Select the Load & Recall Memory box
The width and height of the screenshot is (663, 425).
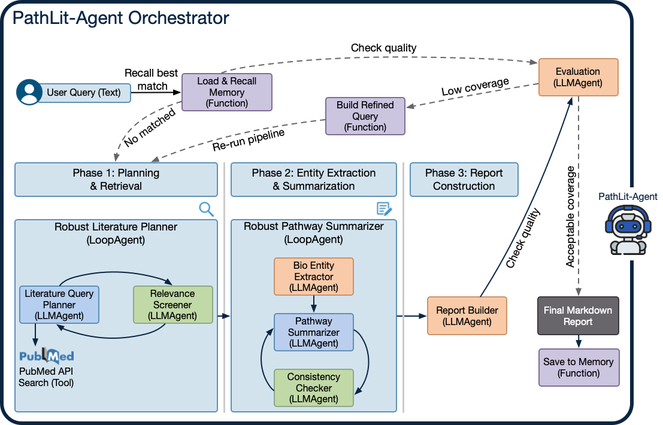pos(227,92)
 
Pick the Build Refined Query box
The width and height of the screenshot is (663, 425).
pos(365,116)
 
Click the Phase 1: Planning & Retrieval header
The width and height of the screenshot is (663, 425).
pos(116,180)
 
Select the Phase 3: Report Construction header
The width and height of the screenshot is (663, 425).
pos(464,180)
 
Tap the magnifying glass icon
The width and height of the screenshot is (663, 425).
pos(206,209)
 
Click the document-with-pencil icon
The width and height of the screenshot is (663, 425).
pos(384,209)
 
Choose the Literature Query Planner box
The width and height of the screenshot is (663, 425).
pos(59,305)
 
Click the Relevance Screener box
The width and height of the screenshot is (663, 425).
pos(173,305)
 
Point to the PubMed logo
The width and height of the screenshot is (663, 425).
pos(47,357)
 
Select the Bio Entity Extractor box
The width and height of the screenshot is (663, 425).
pos(314,277)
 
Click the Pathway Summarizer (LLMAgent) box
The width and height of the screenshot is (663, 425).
pos(314,332)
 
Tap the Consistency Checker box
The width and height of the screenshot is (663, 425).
pos(314,388)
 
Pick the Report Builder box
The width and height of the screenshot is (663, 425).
pos(467,315)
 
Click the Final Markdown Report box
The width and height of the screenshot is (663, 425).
pos(577,315)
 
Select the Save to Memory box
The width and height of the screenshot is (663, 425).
pos(579,368)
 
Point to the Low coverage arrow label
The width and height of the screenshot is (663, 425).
pos(475,87)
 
